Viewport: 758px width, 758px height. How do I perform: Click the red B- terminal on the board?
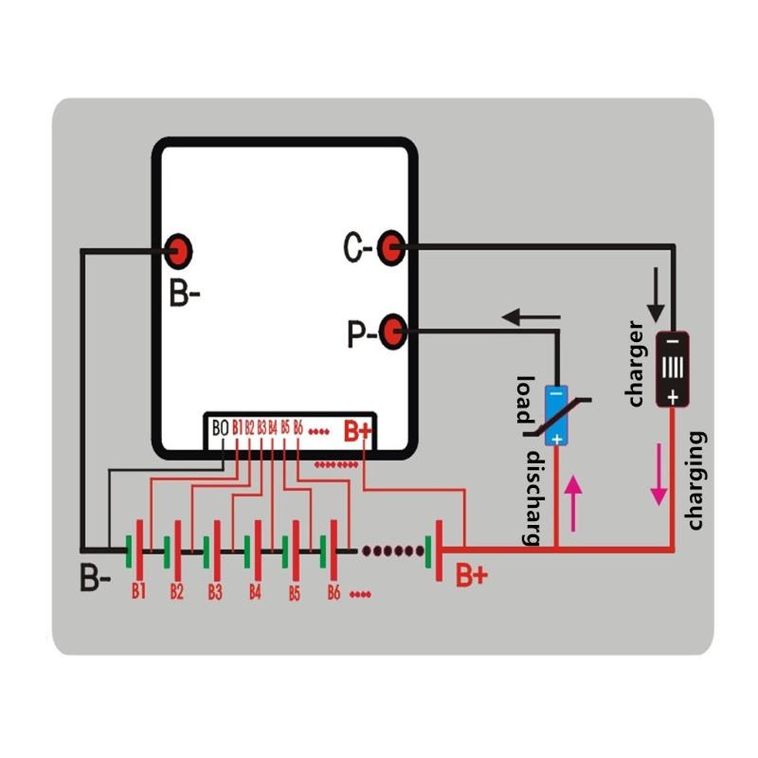click(x=178, y=251)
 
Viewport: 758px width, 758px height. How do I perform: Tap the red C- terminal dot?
click(x=389, y=247)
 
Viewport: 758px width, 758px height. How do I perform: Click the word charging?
click(x=696, y=480)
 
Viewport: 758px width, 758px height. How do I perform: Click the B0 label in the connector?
click(x=221, y=428)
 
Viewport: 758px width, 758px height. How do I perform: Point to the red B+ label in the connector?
click(x=357, y=431)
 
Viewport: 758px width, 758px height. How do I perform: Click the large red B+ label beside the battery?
click(x=472, y=575)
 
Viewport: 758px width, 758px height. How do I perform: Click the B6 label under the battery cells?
click(x=333, y=593)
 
